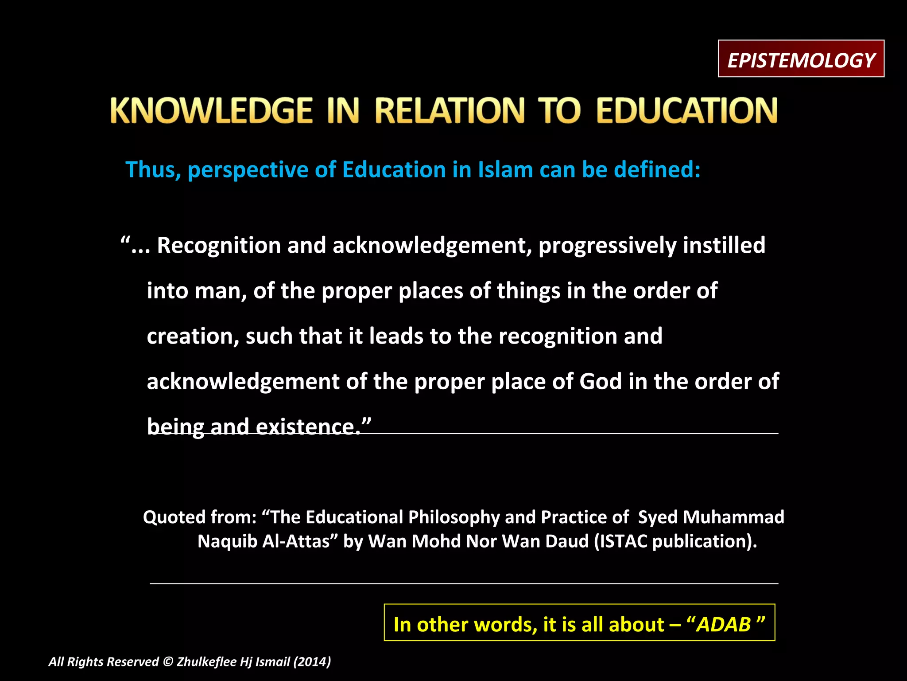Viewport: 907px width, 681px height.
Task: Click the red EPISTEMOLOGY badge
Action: point(801,59)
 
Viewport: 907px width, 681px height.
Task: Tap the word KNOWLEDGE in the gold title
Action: point(211,110)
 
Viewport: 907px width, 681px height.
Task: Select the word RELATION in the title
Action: point(450,110)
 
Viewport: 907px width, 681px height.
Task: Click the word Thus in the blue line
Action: point(153,170)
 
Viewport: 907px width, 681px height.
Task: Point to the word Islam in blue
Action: point(505,170)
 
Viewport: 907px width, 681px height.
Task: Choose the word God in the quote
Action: point(600,382)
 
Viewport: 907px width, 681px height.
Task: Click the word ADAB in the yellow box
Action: point(724,625)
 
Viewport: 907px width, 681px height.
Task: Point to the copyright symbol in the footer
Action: point(168,662)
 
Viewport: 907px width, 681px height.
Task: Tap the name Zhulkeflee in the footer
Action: point(206,662)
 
